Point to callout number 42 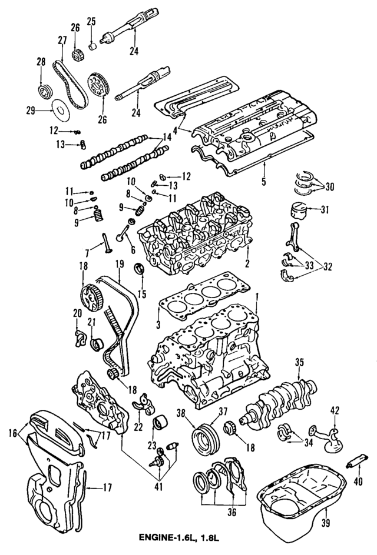tap(334, 411)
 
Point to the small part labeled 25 tap(92, 45)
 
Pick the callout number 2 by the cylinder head tap(247, 263)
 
